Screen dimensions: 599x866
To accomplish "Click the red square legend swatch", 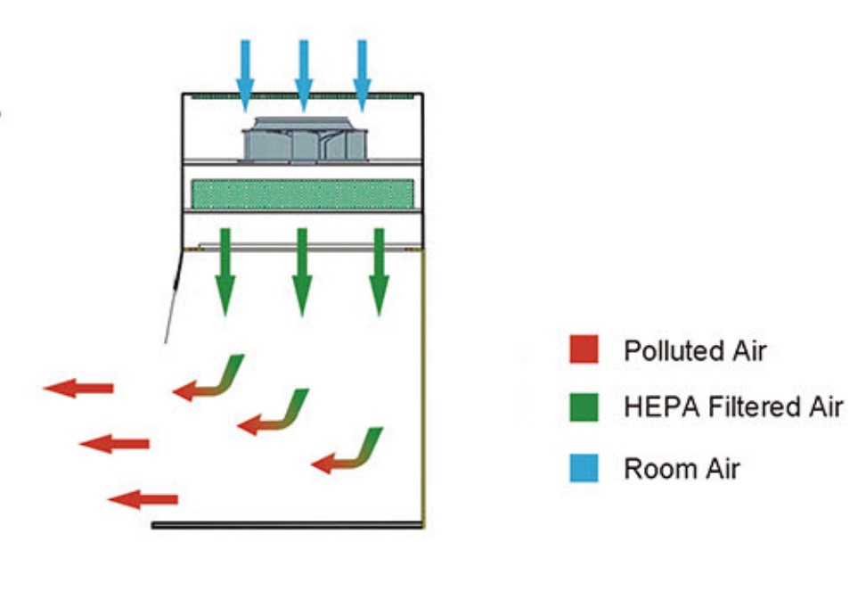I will pyautogui.click(x=584, y=349).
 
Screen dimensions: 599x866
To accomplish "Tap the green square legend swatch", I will pyautogui.click(x=584, y=407).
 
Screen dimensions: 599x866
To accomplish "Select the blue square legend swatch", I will pyautogui.click(x=584, y=468).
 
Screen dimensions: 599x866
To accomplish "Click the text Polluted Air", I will pyautogui.click(x=695, y=350).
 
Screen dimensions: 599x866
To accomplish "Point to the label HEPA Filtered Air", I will pyautogui.click(x=732, y=407).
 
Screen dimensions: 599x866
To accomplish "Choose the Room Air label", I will pyautogui.click(x=682, y=468).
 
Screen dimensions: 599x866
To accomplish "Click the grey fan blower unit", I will pyautogui.click(x=305, y=141).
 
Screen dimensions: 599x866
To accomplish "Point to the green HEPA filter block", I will pyautogui.click(x=303, y=194).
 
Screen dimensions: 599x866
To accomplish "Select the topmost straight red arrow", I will pyautogui.click(x=80, y=388).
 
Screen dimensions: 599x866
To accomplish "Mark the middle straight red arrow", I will pyautogui.click(x=115, y=443).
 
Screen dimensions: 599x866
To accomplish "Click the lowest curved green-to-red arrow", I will pyautogui.click(x=349, y=454).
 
